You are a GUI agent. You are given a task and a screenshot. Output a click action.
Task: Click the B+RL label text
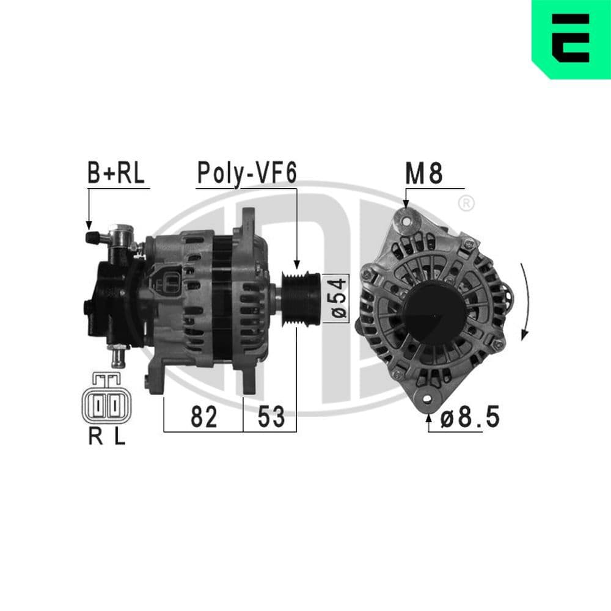click(116, 174)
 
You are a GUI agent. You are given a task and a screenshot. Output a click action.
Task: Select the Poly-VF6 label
click(246, 174)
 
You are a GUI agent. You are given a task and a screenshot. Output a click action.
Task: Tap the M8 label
click(423, 174)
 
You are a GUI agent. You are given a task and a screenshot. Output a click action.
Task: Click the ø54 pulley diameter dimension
click(340, 298)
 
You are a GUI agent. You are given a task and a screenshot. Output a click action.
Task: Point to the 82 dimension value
click(203, 417)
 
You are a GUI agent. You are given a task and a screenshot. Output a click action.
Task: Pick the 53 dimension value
click(271, 417)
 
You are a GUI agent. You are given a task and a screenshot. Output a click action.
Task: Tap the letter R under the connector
click(95, 437)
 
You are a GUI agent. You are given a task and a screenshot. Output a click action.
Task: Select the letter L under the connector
click(119, 437)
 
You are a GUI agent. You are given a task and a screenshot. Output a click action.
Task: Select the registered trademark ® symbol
click(466, 203)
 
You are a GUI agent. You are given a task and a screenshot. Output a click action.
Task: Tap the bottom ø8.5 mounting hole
click(428, 400)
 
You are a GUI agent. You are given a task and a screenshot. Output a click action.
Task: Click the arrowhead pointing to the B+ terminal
click(89, 225)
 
